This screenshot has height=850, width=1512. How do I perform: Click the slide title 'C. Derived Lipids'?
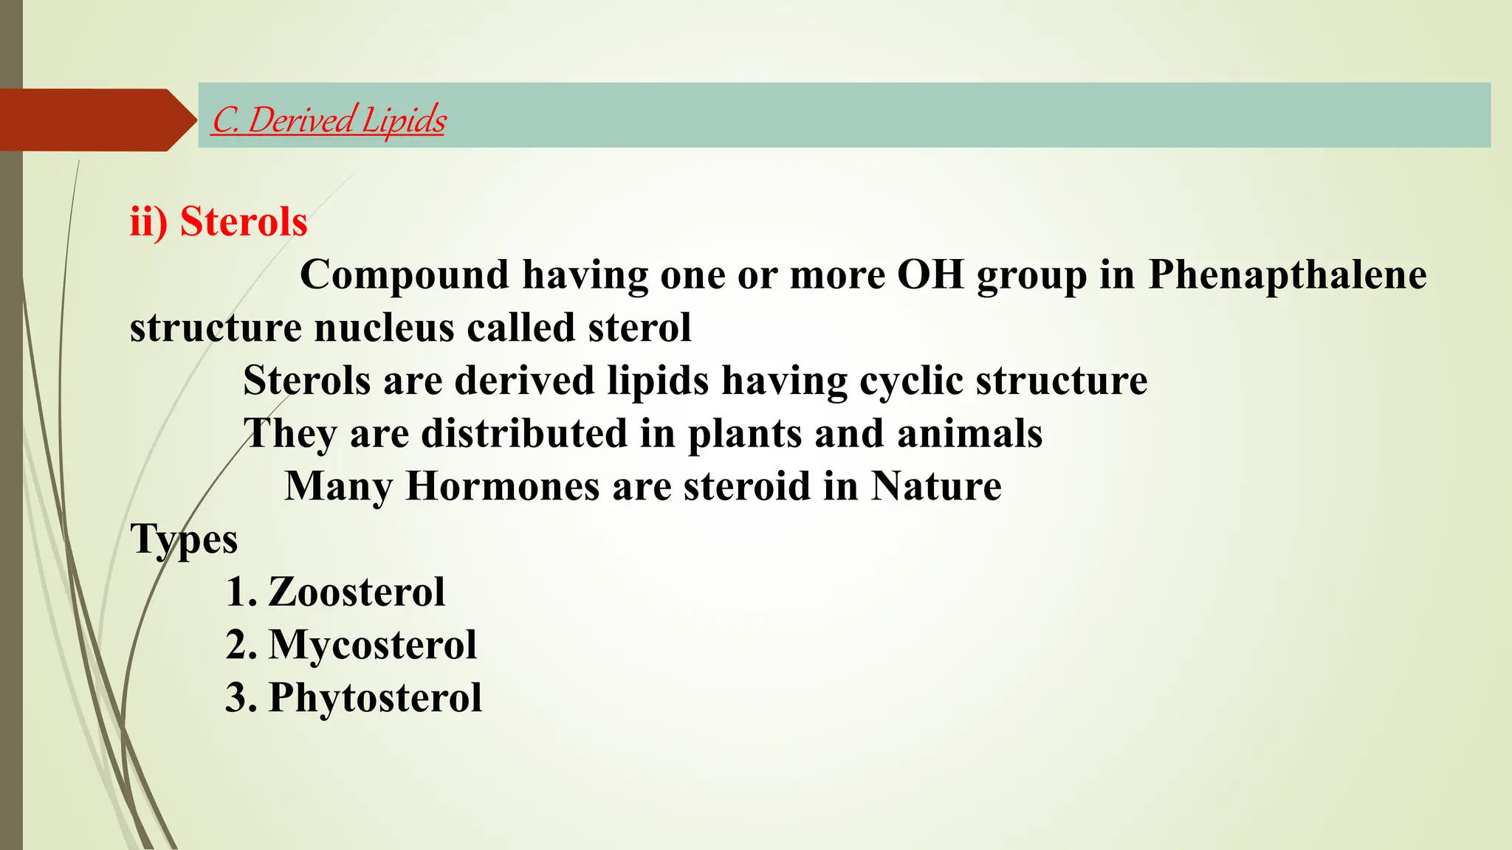(x=329, y=120)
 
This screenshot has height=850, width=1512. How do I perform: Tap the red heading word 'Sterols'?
(x=244, y=221)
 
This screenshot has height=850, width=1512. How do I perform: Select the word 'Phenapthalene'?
(x=1287, y=274)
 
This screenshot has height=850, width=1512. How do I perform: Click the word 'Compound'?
(x=405, y=274)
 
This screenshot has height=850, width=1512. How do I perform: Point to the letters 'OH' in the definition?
(x=930, y=274)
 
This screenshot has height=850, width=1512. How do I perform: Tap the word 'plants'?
(x=745, y=434)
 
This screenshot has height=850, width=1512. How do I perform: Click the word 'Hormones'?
(x=503, y=486)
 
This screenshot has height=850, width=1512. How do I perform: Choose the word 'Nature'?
(x=936, y=486)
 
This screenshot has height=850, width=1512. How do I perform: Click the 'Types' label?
(x=184, y=539)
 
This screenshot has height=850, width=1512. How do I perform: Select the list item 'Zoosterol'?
(x=357, y=592)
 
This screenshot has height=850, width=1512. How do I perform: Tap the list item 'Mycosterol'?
(x=372, y=645)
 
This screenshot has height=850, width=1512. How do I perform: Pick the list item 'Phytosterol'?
(x=375, y=697)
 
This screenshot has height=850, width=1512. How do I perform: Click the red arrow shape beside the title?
(x=96, y=120)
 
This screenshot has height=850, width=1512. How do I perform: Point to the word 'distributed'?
(x=523, y=434)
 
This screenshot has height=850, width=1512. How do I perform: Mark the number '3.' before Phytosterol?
(x=241, y=697)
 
